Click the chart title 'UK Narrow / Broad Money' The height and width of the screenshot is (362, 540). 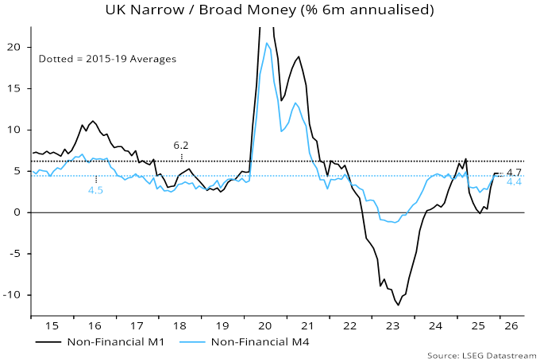click(x=270, y=10)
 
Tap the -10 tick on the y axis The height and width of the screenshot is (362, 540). click(x=15, y=295)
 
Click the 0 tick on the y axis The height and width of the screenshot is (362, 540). click(x=21, y=212)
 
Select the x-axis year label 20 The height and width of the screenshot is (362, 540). click(x=264, y=325)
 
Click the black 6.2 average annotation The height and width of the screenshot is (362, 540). click(x=181, y=146)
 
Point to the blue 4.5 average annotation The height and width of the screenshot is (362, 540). click(x=95, y=190)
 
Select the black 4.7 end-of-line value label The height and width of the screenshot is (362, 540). click(x=514, y=172)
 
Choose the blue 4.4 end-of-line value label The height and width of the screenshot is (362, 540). click(x=514, y=182)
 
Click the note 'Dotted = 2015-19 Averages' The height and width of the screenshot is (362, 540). click(x=107, y=59)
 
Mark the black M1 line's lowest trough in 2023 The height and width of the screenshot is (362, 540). click(x=398, y=305)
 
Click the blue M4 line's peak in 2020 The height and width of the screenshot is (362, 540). click(x=267, y=43)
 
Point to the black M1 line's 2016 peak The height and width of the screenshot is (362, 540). click(x=93, y=121)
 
